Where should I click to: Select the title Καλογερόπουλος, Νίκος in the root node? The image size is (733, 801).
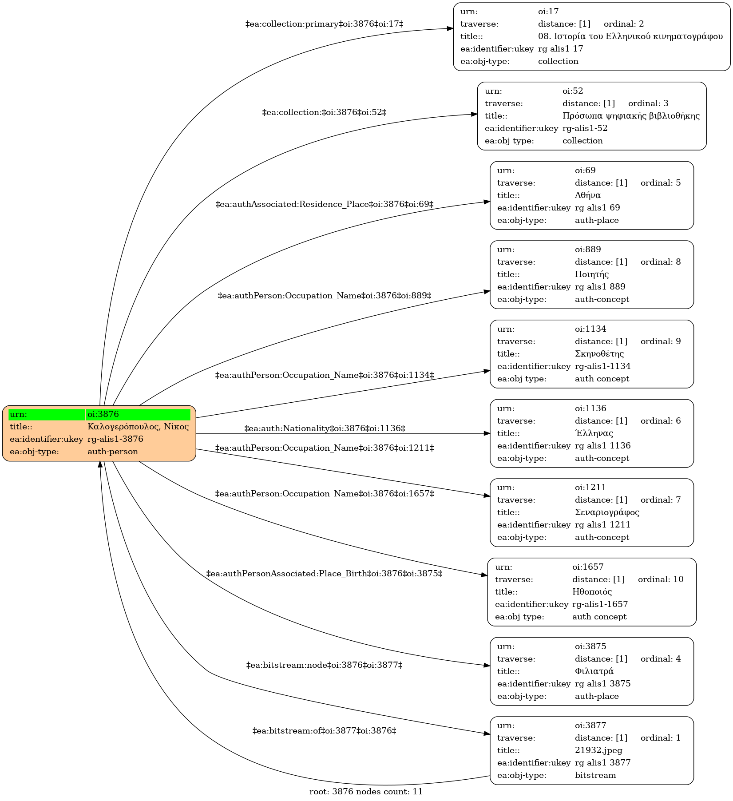click(x=138, y=427)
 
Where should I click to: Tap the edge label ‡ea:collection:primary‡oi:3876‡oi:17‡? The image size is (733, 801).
click(x=324, y=24)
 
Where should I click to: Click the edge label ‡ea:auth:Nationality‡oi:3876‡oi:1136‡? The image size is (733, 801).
click(x=325, y=428)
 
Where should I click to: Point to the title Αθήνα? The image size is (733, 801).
click(x=588, y=195)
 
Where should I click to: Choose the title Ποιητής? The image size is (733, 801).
click(x=592, y=274)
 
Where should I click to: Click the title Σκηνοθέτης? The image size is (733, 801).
click(x=599, y=354)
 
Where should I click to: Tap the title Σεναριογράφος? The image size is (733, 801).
click(x=607, y=512)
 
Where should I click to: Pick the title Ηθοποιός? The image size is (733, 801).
click(x=592, y=592)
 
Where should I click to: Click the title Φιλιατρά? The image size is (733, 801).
click(x=594, y=671)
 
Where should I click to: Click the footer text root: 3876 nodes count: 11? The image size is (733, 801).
click(x=366, y=792)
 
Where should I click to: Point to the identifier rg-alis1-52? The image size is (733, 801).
click(x=585, y=128)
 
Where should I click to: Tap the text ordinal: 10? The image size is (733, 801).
click(x=661, y=579)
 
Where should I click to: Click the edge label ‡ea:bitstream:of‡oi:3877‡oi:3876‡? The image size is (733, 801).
click(x=324, y=731)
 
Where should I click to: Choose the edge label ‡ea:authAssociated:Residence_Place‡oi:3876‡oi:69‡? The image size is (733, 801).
click(x=324, y=204)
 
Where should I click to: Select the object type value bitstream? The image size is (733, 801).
click(x=595, y=775)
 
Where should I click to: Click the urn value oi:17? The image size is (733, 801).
click(x=548, y=12)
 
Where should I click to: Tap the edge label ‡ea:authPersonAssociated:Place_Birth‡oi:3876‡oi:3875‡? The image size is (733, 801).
click(x=324, y=574)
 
